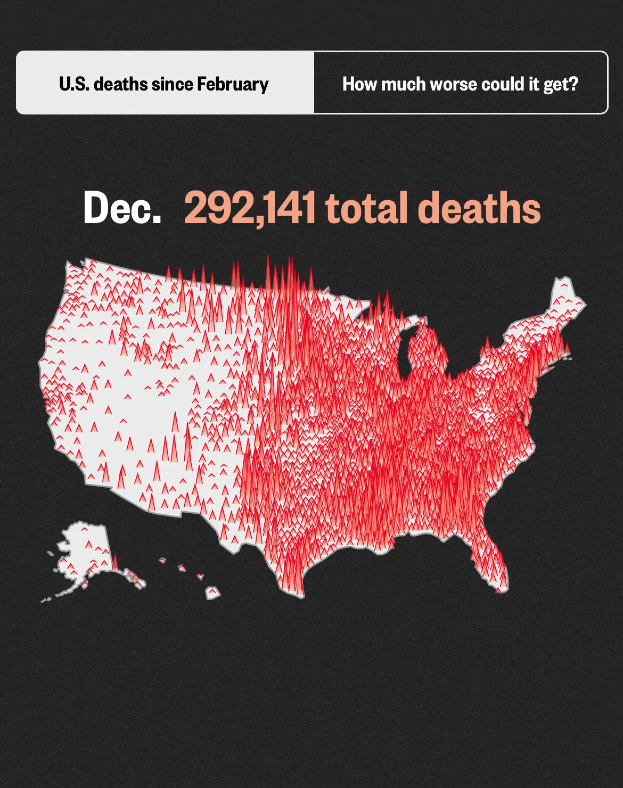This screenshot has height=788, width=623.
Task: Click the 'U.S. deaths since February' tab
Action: click(x=164, y=84)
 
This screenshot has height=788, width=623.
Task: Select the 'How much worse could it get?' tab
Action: click(x=460, y=84)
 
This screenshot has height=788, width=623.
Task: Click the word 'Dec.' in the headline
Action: click(x=122, y=208)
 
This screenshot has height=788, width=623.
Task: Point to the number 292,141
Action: click(x=250, y=208)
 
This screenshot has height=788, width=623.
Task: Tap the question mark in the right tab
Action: click(x=573, y=84)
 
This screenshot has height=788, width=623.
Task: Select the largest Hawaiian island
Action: click(x=213, y=593)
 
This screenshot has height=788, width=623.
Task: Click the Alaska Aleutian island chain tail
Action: click(x=53, y=596)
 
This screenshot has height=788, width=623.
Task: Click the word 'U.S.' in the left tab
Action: click(x=73, y=84)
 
